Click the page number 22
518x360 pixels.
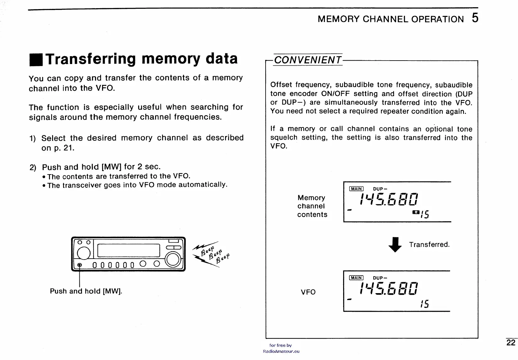pos(511,343)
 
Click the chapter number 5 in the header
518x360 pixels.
pos(475,18)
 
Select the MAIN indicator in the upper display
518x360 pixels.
pos(356,189)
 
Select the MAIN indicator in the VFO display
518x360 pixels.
pos(356,278)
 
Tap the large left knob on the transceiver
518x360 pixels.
pos(84,253)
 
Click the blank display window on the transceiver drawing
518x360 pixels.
pos(129,250)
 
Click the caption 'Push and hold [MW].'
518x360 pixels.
pos(86,291)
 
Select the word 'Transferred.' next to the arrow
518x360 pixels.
pos(429,244)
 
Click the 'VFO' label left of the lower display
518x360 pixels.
pos(308,292)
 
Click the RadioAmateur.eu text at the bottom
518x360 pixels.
pos(281,352)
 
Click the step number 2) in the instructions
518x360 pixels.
pos(33,167)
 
